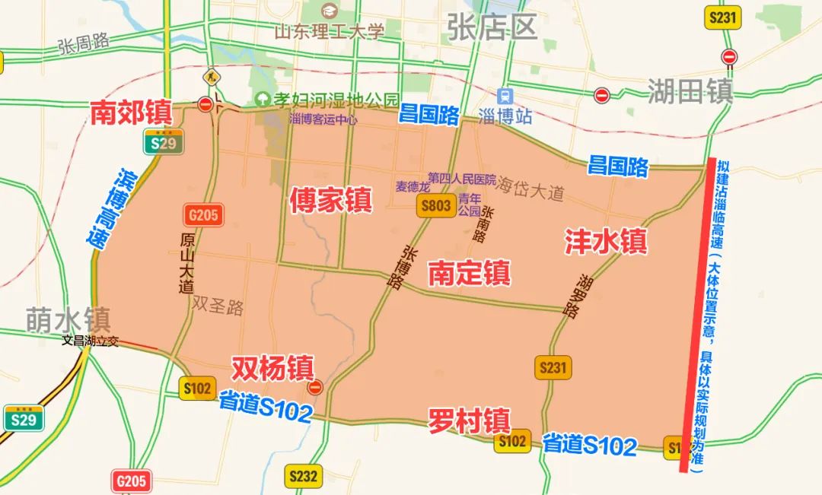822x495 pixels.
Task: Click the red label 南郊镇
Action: pyautogui.click(x=131, y=113)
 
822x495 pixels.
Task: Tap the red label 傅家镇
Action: pyautogui.click(x=330, y=200)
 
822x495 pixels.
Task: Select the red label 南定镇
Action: pyautogui.click(x=469, y=273)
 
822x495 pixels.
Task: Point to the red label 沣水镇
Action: pyautogui.click(x=605, y=241)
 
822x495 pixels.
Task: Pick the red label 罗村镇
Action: pyautogui.click(x=469, y=420)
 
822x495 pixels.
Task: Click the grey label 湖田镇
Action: pyautogui.click(x=690, y=92)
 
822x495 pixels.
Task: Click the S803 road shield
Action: pyautogui.click(x=437, y=205)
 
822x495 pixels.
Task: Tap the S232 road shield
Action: pyautogui.click(x=303, y=477)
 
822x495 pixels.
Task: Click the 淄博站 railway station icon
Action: pyautogui.click(x=503, y=97)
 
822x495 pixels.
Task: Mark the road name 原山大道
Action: pyautogui.click(x=186, y=262)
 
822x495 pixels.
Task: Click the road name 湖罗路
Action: pyautogui.click(x=576, y=296)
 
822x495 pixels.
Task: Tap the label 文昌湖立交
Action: pyautogui.click(x=91, y=341)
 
